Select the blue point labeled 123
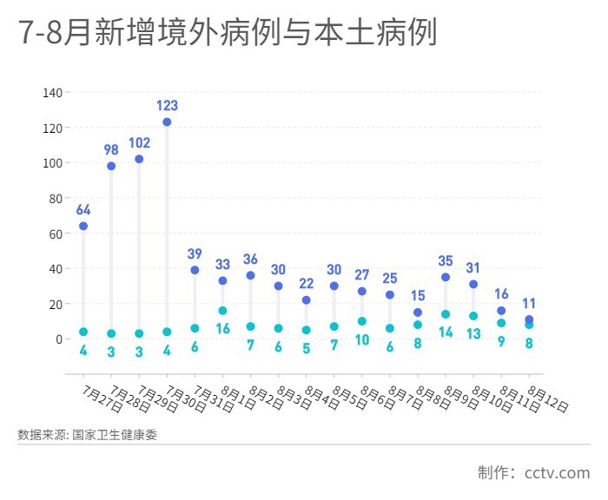tap(167, 122)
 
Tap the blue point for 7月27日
tap(83, 226)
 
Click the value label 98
tap(111, 149)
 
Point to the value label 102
tap(139, 142)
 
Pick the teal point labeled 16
tap(222, 311)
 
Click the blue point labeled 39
tap(195, 270)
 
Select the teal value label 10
tap(361, 339)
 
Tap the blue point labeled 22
tap(306, 300)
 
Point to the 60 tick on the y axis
tap(55, 234)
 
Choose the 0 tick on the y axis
tap(58, 339)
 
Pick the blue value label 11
tap(529, 304)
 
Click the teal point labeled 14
tap(446, 314)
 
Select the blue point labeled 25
tap(390, 295)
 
